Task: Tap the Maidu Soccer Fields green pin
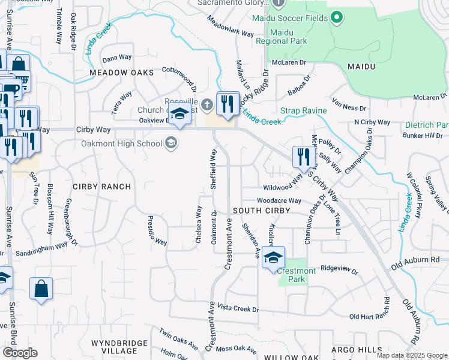[x=337, y=16]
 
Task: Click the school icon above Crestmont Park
[x=273, y=257]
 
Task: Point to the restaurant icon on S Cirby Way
[x=303, y=157]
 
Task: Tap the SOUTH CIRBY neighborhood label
[x=261, y=211]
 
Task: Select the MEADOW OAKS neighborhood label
[x=121, y=72]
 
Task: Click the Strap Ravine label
[x=304, y=110]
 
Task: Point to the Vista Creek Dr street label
[x=238, y=309]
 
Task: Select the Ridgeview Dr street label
[x=340, y=269]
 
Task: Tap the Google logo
[x=20, y=353]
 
